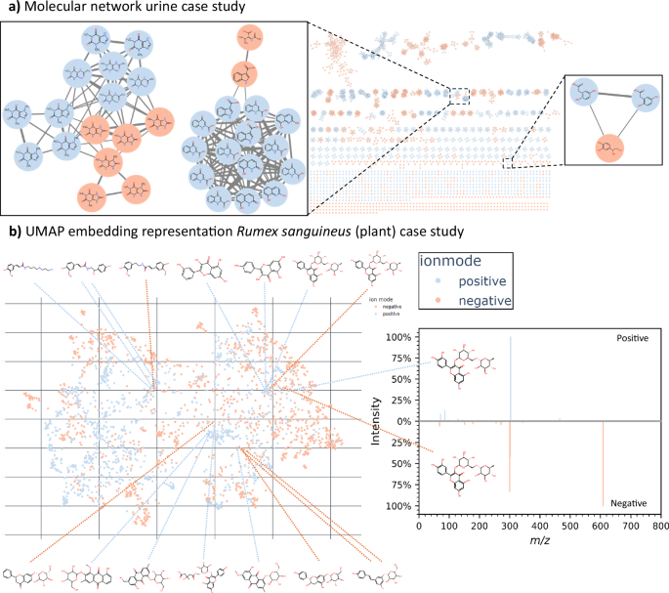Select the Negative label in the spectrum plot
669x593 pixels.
point(630,501)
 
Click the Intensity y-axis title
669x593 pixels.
point(378,421)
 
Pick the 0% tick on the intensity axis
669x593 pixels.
point(400,421)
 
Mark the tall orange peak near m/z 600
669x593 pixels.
point(602,459)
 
